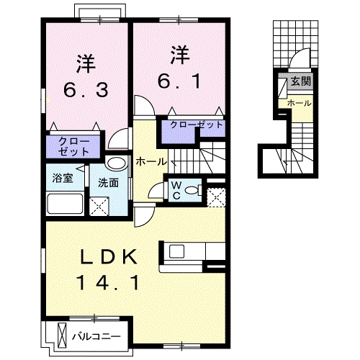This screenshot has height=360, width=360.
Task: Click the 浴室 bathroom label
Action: tap(60, 178)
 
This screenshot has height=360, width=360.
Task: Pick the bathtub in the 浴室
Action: tap(65, 203)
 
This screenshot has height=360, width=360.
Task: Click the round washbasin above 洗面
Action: tap(115, 163)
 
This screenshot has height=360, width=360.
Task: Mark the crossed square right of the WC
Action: tap(215, 194)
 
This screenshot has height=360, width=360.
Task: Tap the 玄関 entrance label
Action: tap(302, 81)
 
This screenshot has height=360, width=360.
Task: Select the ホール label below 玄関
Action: tap(299, 104)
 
